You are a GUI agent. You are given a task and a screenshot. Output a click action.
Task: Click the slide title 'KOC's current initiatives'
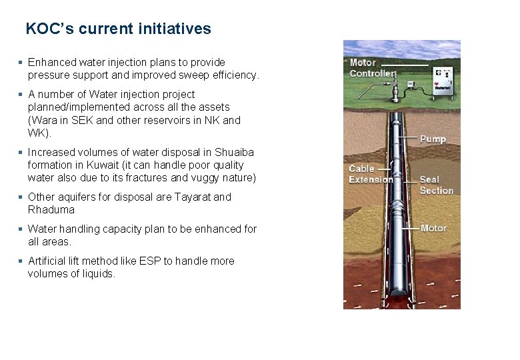(118, 29)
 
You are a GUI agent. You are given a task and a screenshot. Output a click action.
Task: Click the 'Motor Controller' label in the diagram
(373, 67)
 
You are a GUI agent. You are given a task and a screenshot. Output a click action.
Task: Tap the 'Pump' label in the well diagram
(433, 139)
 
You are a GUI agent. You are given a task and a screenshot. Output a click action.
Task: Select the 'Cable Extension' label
(371, 174)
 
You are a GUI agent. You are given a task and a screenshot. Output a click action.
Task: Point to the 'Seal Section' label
(436, 185)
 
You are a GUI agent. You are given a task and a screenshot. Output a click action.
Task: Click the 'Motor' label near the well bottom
(433, 228)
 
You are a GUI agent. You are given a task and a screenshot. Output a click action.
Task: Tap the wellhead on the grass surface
(400, 87)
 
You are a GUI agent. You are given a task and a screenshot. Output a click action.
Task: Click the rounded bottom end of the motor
(401, 292)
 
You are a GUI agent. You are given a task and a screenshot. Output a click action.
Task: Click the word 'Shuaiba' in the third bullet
(233, 153)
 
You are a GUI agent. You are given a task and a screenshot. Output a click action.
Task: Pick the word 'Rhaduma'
(51, 210)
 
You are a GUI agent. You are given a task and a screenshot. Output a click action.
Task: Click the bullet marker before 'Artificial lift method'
(21, 261)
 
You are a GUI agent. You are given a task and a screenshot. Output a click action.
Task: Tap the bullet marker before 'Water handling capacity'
(21, 229)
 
